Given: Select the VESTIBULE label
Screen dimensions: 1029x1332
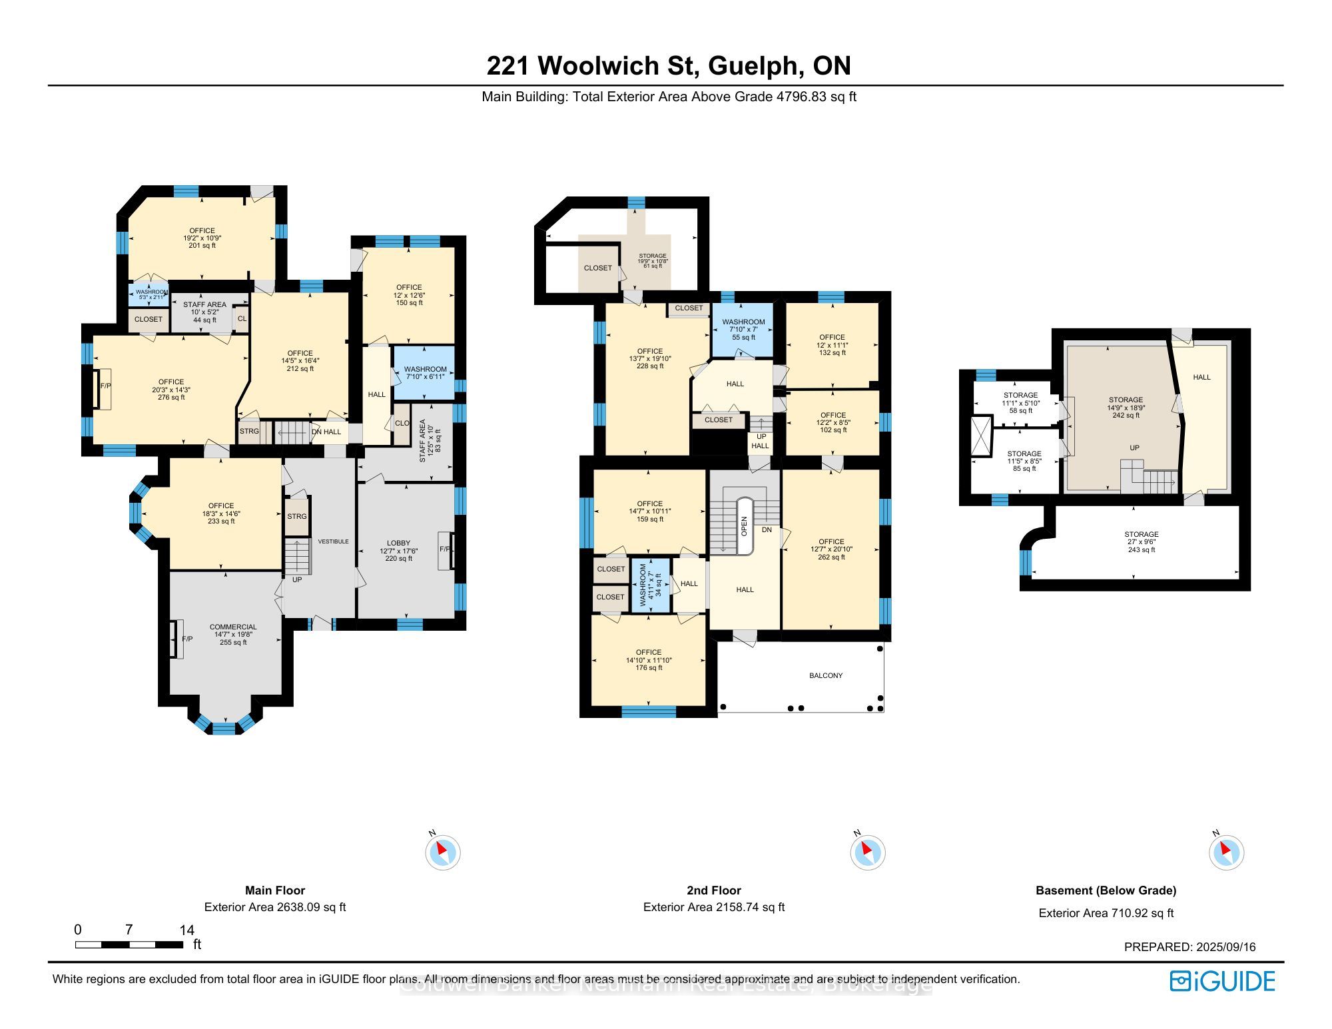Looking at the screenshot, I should (333, 541).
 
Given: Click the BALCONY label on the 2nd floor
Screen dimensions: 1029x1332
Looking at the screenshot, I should (826, 675).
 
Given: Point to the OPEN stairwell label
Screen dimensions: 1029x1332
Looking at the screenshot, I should (745, 526).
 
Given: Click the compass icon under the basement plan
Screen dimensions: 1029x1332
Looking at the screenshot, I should (1226, 853).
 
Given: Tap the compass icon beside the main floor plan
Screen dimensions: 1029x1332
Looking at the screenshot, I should (443, 853).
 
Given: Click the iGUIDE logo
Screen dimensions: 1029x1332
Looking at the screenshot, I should (1222, 981).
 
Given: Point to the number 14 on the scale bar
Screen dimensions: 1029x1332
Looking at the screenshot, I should (186, 930).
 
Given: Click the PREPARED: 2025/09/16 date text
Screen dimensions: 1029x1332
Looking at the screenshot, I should (1189, 947).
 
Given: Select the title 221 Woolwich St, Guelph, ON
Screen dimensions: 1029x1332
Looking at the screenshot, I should (668, 65).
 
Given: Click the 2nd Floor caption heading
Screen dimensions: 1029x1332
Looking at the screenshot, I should (714, 890).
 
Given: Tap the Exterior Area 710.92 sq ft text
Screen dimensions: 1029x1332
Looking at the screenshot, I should (1106, 913).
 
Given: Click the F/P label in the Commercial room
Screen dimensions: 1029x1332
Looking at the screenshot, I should (187, 639).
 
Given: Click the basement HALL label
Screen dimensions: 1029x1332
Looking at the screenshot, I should (1201, 377).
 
